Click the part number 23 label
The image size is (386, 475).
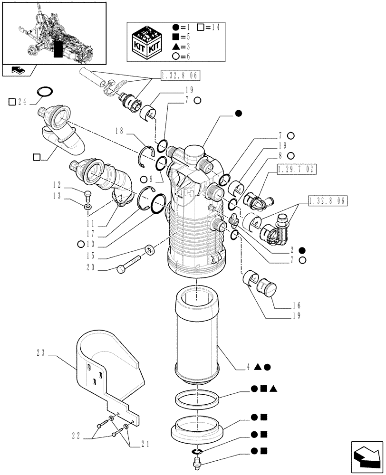(40, 353)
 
